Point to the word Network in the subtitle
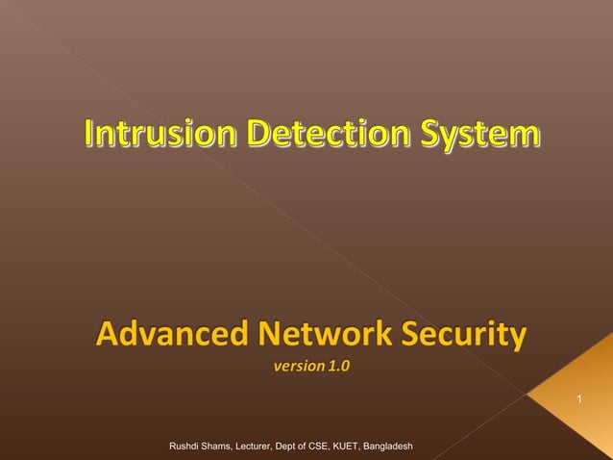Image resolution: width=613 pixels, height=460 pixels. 317,337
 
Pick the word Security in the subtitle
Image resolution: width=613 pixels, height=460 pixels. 463,338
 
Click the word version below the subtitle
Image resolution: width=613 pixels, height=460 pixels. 298,366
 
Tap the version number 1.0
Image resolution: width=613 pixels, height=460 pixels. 339,366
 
